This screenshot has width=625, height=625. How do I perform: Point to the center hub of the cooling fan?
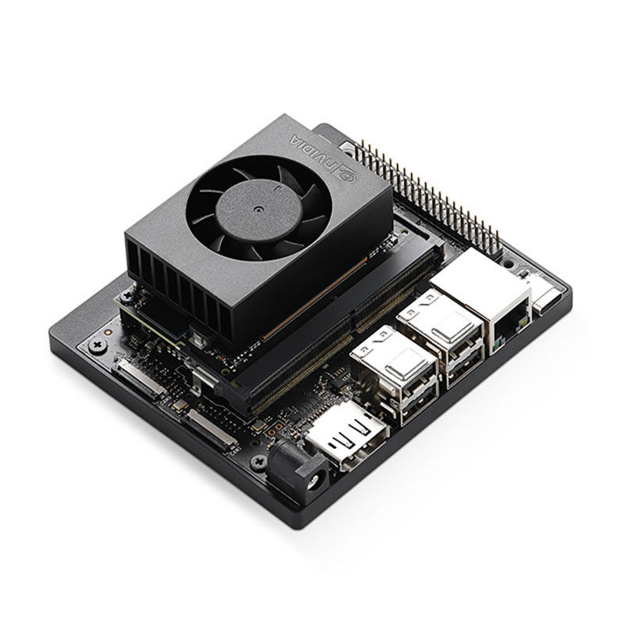pos(259,209)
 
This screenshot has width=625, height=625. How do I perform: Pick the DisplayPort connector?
pos(346,437)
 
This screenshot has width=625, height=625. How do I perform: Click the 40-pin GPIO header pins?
pos(427,195)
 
